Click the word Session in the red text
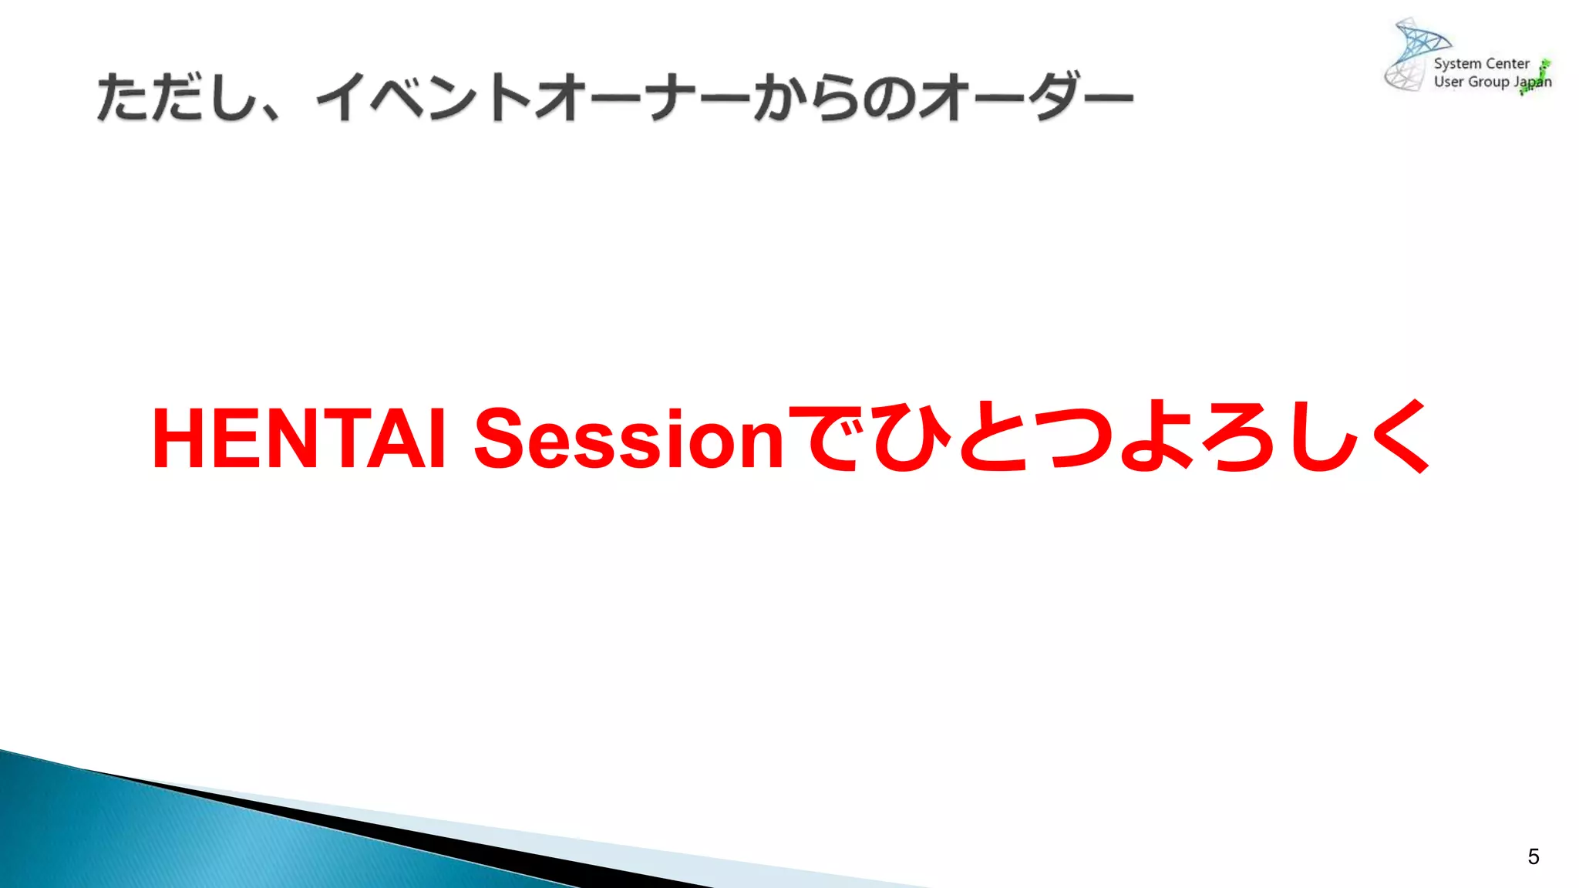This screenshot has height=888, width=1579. [x=628, y=439]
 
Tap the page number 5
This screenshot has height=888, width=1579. [x=1533, y=856]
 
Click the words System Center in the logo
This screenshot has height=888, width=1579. [x=1481, y=64]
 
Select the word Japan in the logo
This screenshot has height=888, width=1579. [x=1532, y=82]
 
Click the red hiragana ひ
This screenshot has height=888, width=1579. [x=910, y=438]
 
